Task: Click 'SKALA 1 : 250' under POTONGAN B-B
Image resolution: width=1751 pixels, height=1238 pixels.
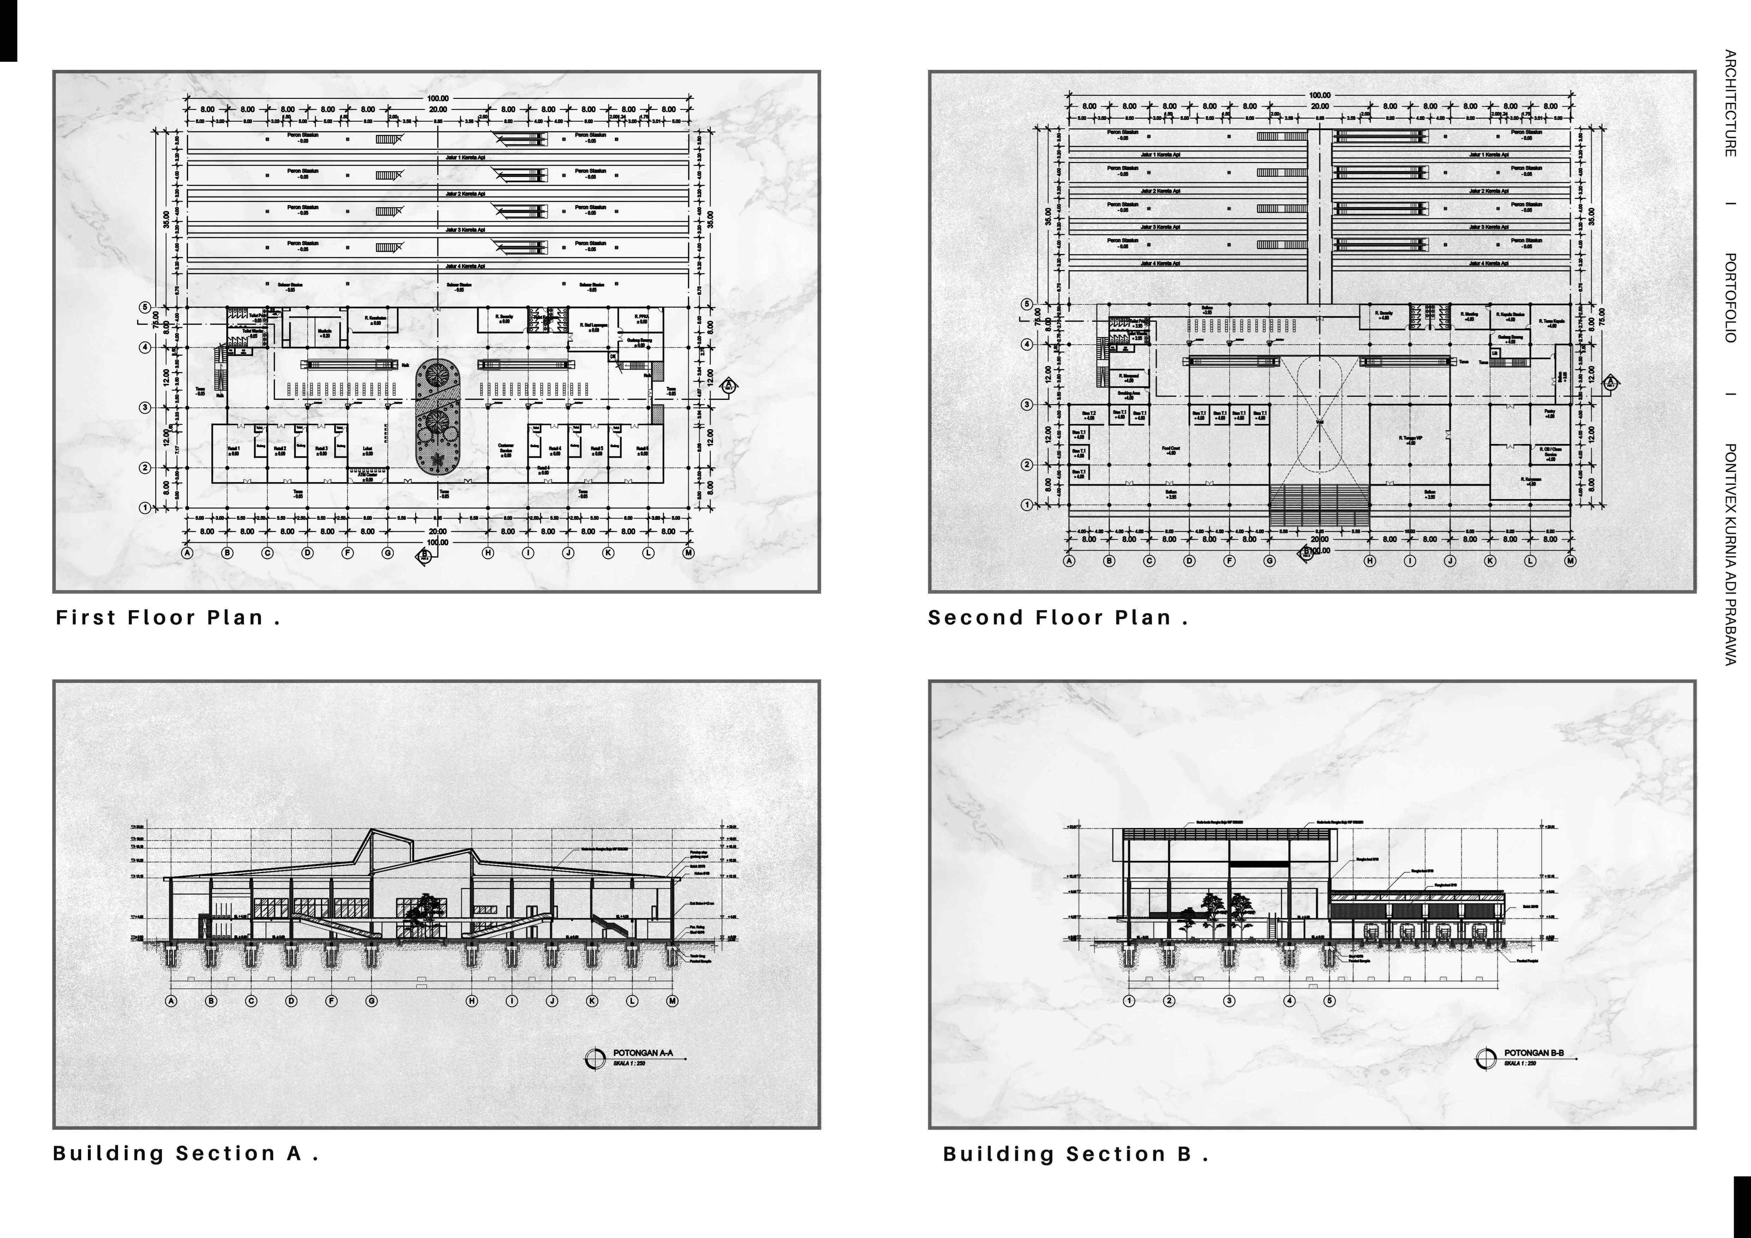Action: coord(1520,1063)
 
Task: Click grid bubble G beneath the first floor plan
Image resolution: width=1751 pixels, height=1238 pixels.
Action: coord(388,553)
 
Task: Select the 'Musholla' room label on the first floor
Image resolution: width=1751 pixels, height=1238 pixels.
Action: coord(324,332)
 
